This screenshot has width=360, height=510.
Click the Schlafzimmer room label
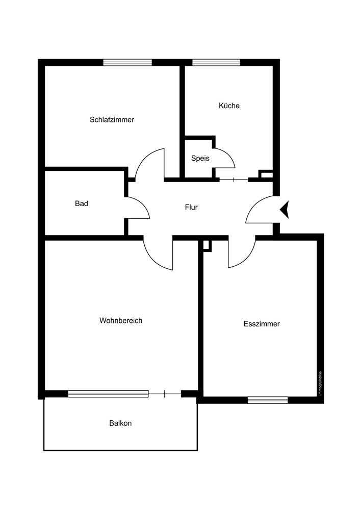[112, 120]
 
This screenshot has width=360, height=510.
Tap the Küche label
[229, 106]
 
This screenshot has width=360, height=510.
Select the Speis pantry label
[200, 159]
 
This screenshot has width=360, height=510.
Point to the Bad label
[82, 203]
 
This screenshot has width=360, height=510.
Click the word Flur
[191, 207]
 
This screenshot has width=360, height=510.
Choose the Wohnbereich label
[121, 321]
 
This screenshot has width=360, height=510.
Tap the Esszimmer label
[262, 324]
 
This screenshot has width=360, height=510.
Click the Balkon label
[121, 423]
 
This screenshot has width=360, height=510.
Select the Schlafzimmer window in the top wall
[127, 62]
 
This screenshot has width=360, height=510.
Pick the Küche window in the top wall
[216, 62]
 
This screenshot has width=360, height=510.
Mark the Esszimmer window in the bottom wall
[268, 400]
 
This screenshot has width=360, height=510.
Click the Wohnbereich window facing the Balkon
[108, 394]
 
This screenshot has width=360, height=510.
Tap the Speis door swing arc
[229, 154]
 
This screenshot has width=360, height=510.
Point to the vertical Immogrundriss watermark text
[320, 384]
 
